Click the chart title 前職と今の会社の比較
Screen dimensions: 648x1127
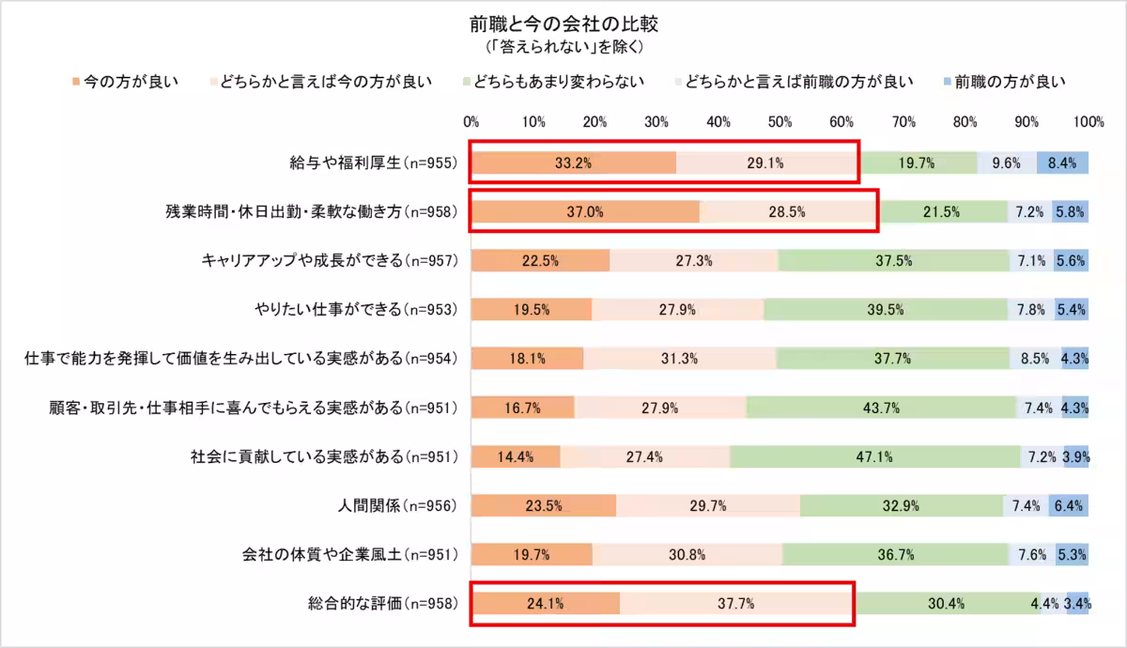tap(563, 22)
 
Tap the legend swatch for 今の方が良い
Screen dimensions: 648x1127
tap(77, 82)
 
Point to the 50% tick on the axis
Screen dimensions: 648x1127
tap(780, 121)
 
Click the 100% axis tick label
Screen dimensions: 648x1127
tap(1088, 121)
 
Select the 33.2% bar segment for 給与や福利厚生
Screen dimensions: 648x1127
tap(573, 162)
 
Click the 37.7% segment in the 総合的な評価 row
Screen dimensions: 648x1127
tap(736, 604)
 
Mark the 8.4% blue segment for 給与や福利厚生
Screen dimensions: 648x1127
tap(1062, 162)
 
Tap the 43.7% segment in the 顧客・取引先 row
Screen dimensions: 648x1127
tap(881, 408)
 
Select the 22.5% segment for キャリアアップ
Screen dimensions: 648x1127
tap(541, 261)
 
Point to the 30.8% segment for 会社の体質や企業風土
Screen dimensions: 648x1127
tap(687, 554)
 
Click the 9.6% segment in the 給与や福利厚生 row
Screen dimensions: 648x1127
tap(1006, 162)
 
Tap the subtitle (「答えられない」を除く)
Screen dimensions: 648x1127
tap(563, 45)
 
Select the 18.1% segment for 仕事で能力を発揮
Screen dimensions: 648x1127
tap(527, 359)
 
